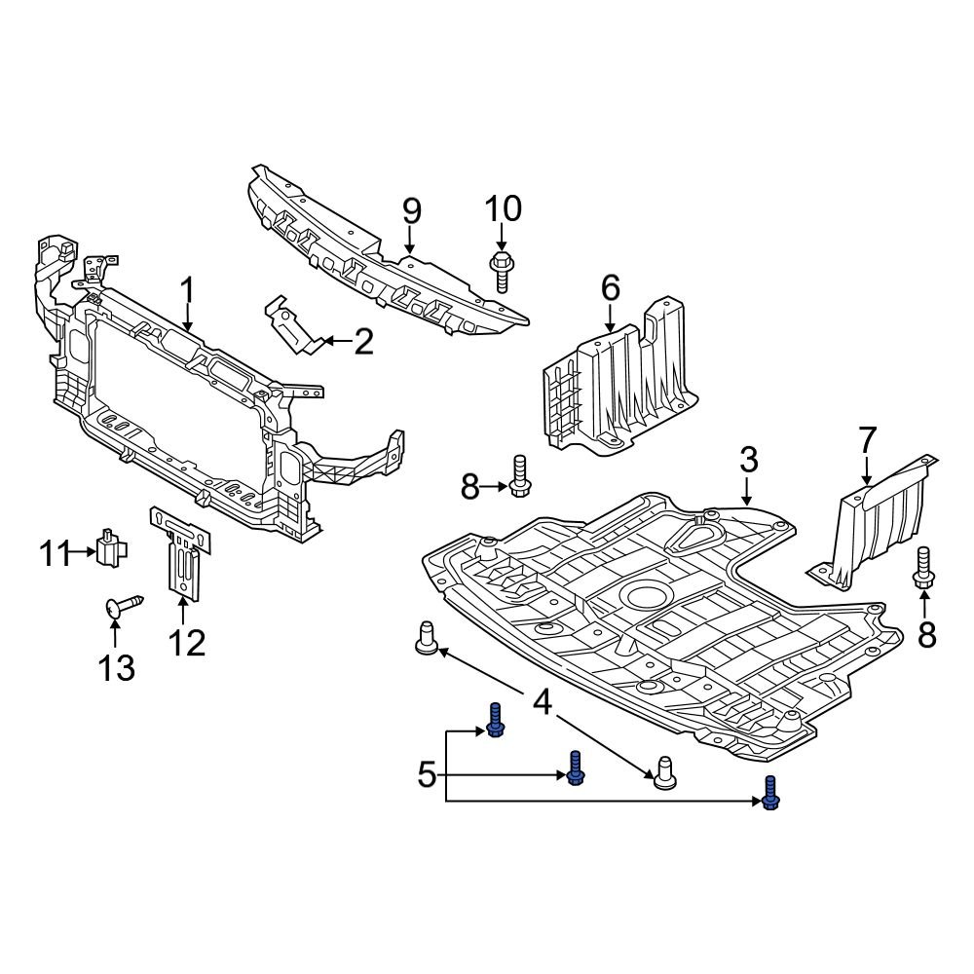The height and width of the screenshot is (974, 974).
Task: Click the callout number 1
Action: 187,290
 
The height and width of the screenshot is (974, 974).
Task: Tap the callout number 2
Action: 362,342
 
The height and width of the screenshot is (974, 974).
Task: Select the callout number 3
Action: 747,460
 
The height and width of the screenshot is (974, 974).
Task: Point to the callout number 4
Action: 542,700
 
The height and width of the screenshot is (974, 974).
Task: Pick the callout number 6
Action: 610,287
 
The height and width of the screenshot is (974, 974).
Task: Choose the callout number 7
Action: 867,440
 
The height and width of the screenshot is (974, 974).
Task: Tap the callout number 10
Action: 503,208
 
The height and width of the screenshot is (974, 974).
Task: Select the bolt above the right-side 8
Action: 923,569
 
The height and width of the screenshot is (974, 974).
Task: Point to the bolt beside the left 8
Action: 519,476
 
